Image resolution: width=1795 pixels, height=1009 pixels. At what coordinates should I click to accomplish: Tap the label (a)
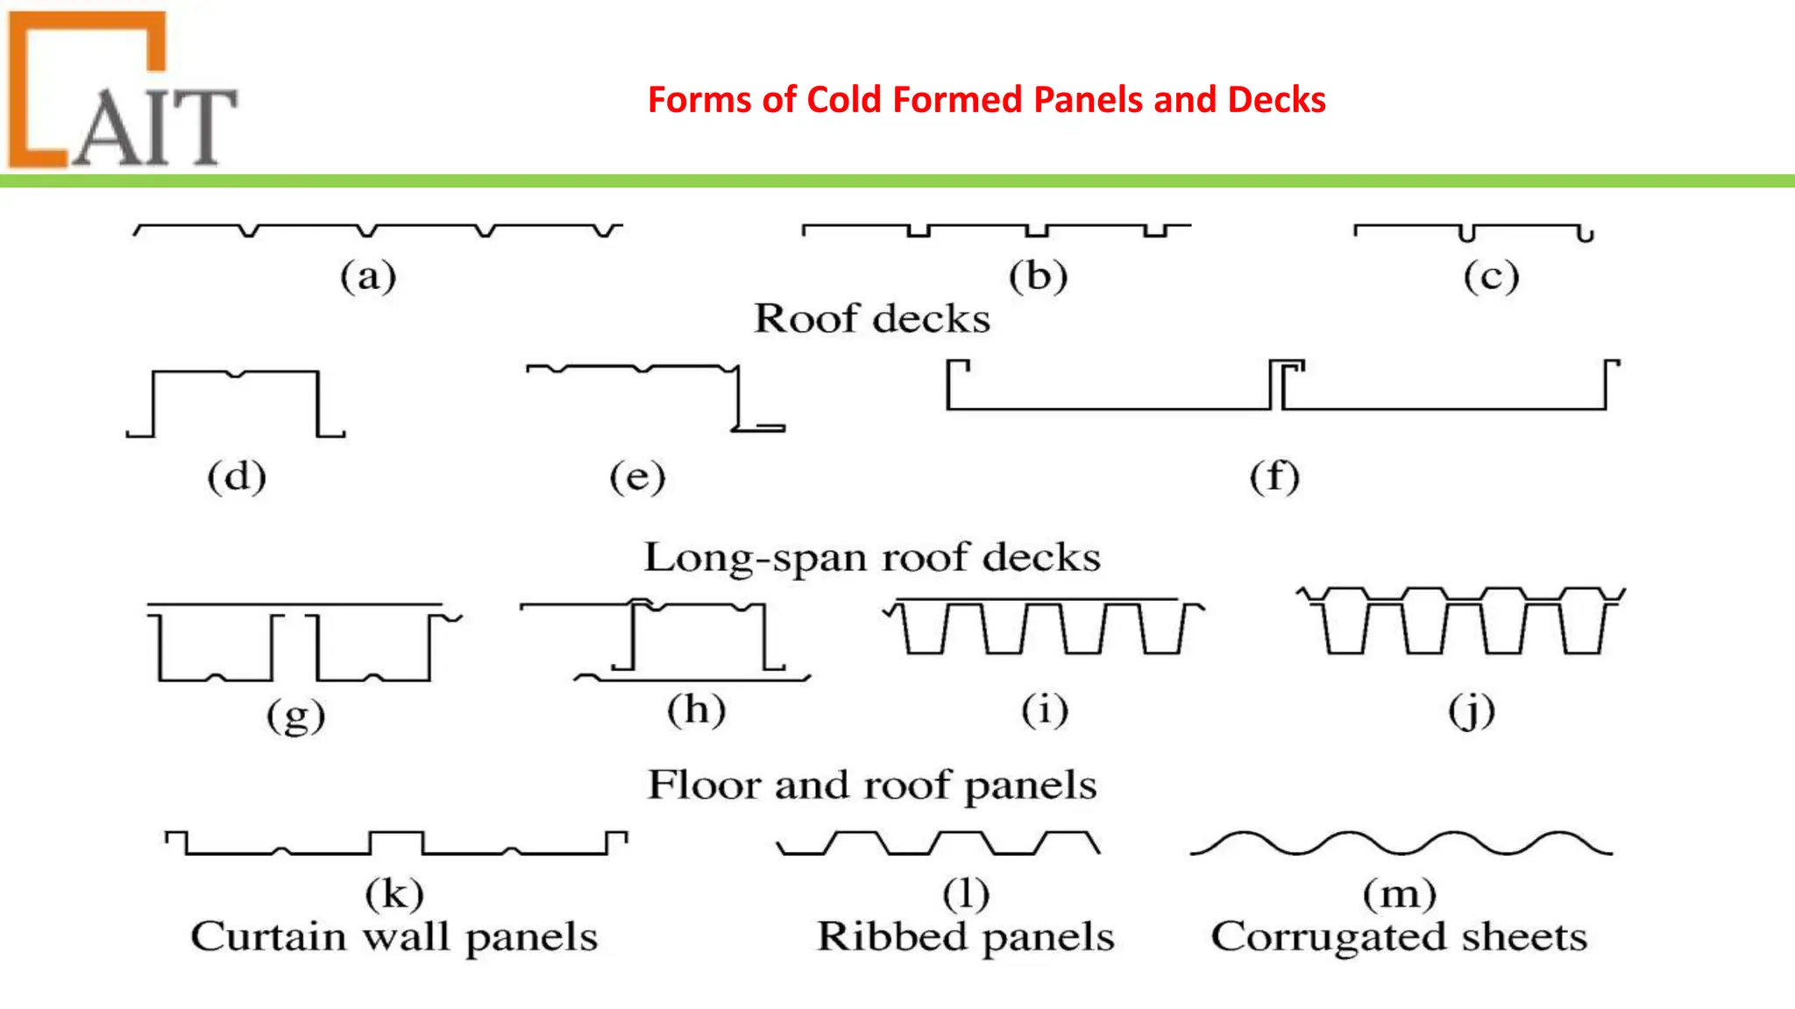click(368, 277)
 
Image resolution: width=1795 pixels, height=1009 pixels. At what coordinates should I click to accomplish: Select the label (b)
click(1038, 277)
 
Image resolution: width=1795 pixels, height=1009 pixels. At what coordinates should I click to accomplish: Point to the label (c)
click(1491, 277)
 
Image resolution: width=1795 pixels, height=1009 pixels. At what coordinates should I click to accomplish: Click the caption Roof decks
click(872, 319)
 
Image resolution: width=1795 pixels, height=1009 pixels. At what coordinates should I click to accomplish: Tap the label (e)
click(637, 477)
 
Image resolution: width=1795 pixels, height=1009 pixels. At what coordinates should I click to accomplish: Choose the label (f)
click(1274, 477)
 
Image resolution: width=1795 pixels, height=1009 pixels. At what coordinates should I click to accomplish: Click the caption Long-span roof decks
click(872, 558)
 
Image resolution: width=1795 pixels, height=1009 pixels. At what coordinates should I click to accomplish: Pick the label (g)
click(296, 716)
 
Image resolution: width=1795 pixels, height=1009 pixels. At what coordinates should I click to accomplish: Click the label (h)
click(697, 709)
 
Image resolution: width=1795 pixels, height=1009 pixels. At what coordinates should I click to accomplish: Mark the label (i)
click(1045, 709)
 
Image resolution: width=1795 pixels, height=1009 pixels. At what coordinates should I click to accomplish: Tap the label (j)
click(1472, 711)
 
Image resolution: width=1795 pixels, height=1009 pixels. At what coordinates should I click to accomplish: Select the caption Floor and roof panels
click(872, 785)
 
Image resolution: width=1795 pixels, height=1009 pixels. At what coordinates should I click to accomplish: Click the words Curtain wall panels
click(394, 937)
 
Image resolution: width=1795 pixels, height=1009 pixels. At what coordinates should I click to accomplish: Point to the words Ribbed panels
click(965, 937)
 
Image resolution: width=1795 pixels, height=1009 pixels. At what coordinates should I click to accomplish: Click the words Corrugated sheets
click(1399, 937)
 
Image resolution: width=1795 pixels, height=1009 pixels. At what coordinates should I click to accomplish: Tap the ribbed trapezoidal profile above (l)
click(939, 843)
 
